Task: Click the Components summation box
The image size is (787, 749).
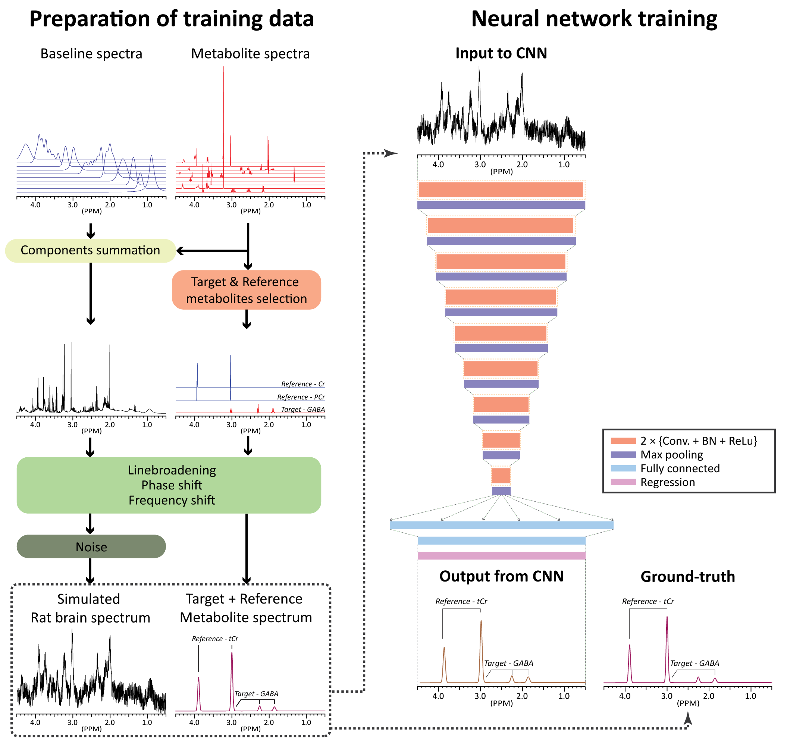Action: (90, 250)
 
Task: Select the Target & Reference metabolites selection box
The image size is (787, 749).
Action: (247, 290)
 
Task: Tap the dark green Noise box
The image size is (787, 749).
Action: (91, 546)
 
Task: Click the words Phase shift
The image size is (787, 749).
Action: (172, 485)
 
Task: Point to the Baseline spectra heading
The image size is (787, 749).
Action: (91, 53)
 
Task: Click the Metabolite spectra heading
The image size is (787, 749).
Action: (250, 53)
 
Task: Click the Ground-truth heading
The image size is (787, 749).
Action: (687, 576)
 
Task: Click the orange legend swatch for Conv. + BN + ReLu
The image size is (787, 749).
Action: (623, 441)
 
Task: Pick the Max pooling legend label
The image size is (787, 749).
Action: (672, 454)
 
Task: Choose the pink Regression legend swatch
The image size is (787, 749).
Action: (623, 482)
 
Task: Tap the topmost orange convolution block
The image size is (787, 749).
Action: (501, 189)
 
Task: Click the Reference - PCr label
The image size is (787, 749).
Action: (301, 397)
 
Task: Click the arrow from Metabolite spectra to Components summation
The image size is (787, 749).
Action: (211, 251)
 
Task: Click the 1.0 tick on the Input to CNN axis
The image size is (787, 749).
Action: (564, 164)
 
